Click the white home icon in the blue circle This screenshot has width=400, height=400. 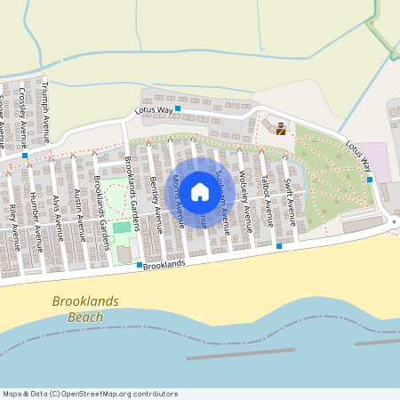[199, 191]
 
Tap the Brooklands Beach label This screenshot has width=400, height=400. [85, 308]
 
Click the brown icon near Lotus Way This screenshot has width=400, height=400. [281, 129]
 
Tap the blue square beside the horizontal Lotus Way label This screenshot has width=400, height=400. [178, 108]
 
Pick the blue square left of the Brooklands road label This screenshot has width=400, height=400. [140, 265]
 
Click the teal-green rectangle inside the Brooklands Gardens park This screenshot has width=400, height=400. [121, 228]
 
